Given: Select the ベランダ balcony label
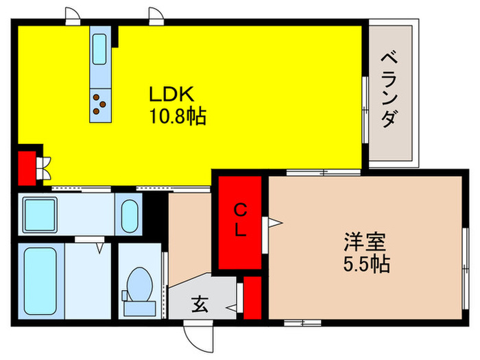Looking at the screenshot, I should [x=389, y=88].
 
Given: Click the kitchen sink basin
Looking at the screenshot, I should [x=99, y=47].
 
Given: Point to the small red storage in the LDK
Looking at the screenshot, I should [x=27, y=167].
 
